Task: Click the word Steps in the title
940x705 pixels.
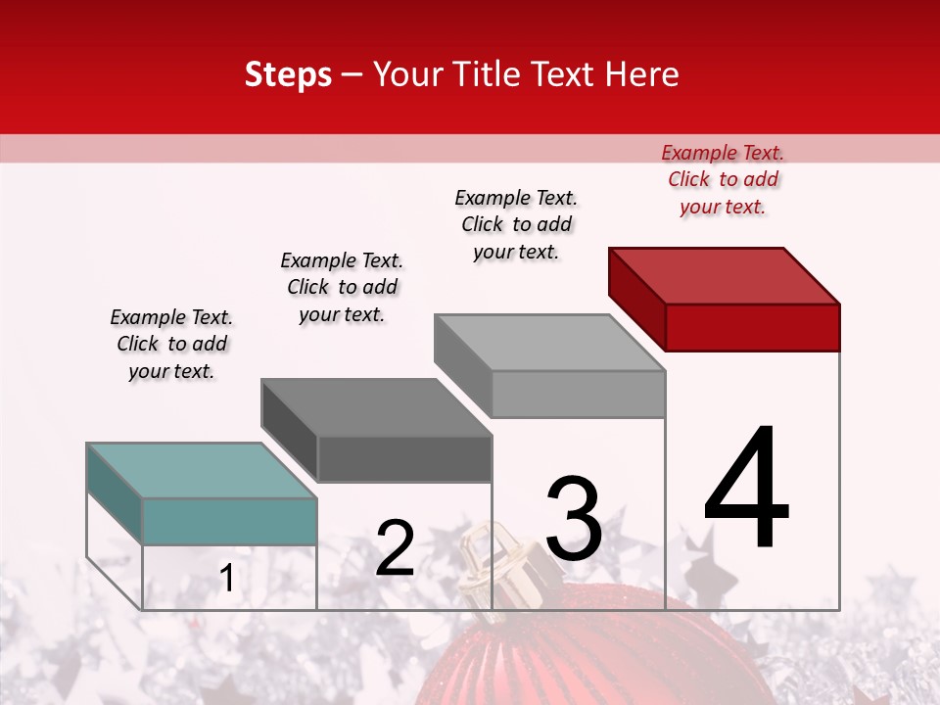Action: coord(288,74)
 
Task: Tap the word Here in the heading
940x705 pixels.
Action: coord(642,74)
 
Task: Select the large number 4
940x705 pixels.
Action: coord(746,490)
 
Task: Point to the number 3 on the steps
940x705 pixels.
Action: coord(574,519)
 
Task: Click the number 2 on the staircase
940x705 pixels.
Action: coord(395,548)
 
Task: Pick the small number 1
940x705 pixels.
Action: coord(227,579)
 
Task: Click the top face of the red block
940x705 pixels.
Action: coord(725,275)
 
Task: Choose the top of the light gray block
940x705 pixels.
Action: coord(550,343)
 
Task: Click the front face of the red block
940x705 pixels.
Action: coord(752,327)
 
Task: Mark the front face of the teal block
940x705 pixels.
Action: coord(229,521)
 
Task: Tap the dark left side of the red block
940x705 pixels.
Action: coord(636,296)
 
